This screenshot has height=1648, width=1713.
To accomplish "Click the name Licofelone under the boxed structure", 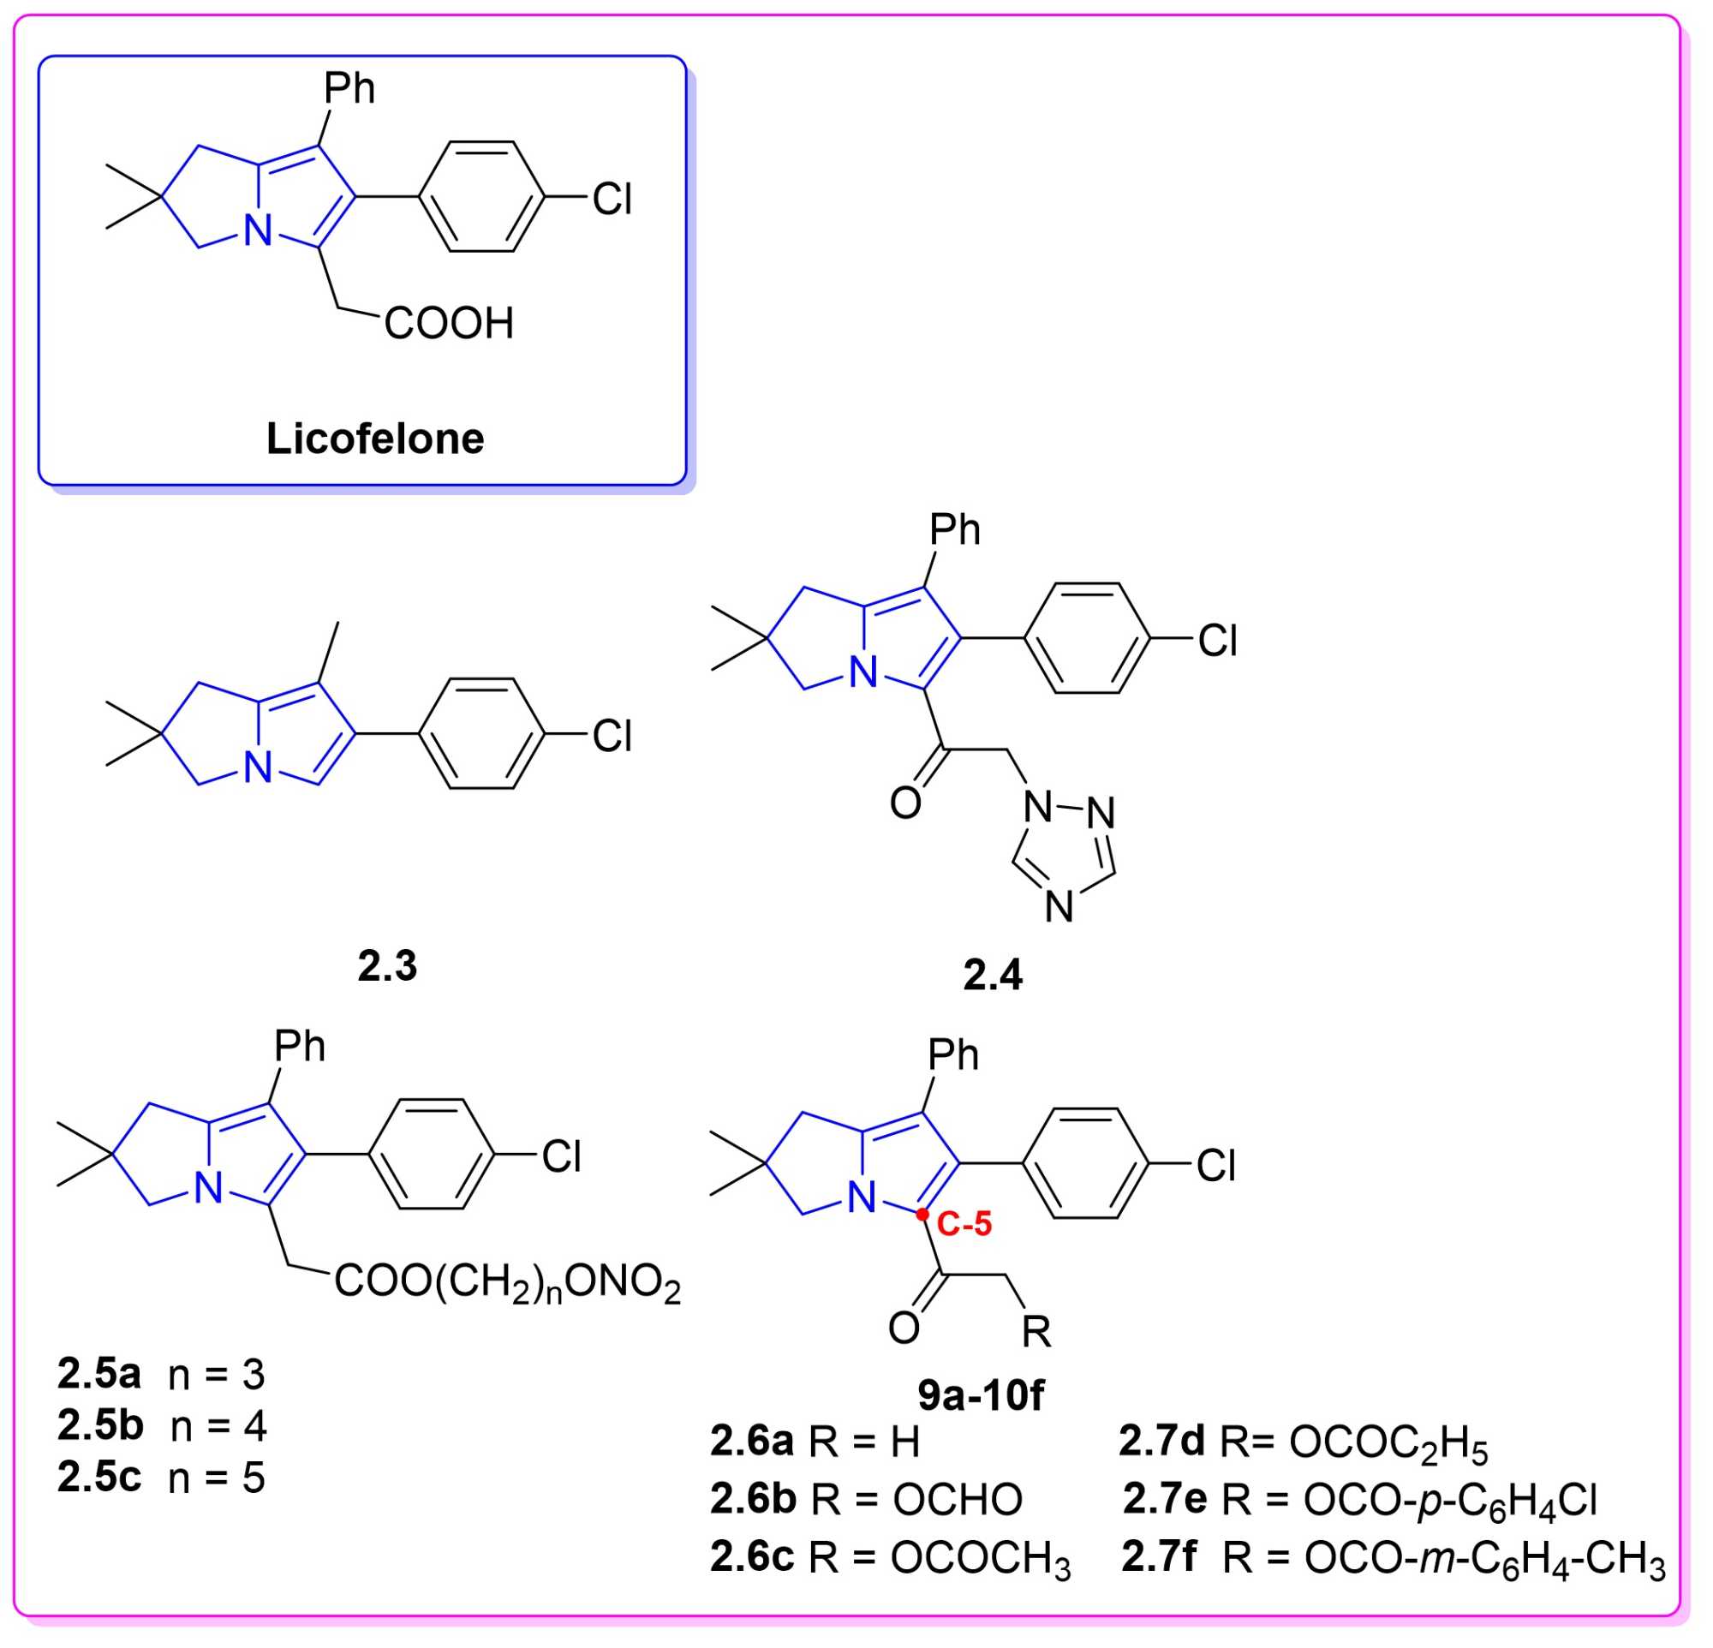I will tap(375, 439).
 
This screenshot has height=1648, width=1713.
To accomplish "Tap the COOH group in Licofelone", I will tap(448, 323).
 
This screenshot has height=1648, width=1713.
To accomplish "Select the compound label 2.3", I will tap(387, 965).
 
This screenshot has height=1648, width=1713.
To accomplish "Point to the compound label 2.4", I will tap(992, 974).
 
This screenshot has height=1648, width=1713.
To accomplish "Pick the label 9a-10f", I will tap(980, 1395).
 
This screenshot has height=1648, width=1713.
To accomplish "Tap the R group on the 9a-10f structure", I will tap(1036, 1332).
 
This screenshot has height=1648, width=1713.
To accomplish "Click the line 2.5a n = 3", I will tap(161, 1375).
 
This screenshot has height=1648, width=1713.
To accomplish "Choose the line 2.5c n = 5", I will tap(161, 1478).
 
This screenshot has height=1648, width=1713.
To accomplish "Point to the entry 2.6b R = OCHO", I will tap(865, 1500).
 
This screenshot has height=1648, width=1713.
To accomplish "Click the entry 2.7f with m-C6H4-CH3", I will tap(1394, 1557).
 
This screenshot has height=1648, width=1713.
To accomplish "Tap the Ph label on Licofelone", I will tap(349, 88).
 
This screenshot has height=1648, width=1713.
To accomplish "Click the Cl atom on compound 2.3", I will tap(612, 737).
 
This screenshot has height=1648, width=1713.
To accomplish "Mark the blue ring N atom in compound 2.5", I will tap(209, 1189).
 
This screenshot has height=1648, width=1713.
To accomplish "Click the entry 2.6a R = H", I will tap(815, 1442).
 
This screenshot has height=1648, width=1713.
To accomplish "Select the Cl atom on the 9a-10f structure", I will tap(1215, 1166).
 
